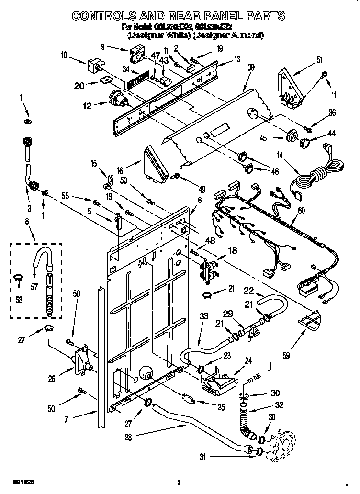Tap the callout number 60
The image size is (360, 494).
tap(301, 211)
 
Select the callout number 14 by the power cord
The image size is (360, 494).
tap(280, 155)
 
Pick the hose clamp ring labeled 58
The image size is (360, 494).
tap(18, 276)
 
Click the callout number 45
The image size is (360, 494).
tap(276, 139)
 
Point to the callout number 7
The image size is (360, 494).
tap(67, 420)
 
